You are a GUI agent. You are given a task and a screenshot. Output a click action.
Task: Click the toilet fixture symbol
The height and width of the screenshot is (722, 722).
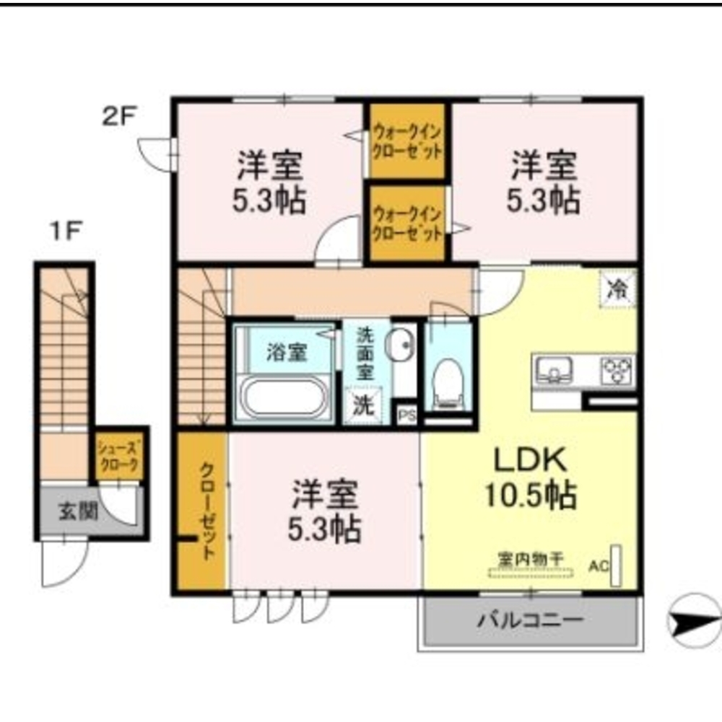448,383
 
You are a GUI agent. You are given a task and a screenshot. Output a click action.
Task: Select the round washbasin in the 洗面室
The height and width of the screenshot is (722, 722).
400,343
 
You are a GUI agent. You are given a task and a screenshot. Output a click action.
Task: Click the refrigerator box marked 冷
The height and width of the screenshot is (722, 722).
618,289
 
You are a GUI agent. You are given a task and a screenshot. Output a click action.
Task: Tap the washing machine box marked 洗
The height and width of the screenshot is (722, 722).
364,405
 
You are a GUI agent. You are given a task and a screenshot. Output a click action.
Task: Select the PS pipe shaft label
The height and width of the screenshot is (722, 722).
406,415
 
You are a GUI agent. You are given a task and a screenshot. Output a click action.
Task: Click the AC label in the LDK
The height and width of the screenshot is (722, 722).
598,566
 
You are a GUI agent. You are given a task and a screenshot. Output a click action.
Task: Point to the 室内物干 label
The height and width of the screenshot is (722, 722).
531,559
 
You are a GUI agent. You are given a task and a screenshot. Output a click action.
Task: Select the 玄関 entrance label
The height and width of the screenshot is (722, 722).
79,511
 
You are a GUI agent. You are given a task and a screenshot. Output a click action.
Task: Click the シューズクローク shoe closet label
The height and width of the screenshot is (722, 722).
118,456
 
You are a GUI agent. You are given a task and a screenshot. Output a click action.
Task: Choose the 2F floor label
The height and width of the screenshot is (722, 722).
120,116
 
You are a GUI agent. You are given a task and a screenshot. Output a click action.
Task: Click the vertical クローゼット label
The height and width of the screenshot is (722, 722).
207,511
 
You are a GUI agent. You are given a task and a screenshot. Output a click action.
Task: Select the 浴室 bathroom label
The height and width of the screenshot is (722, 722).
287,353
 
